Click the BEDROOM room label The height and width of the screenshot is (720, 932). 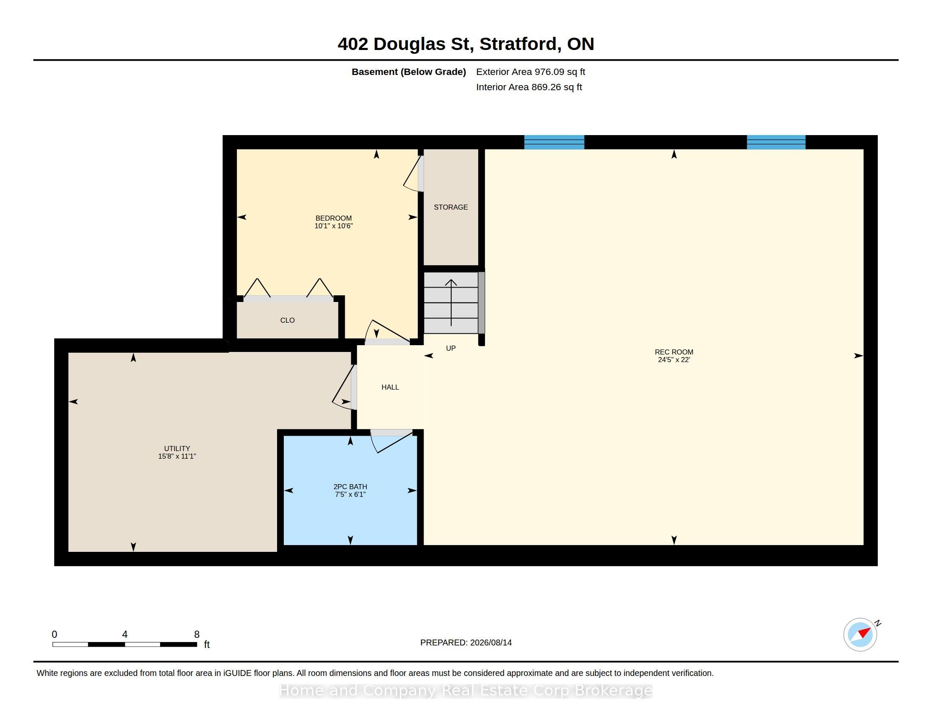333,218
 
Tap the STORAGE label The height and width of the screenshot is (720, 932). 451,207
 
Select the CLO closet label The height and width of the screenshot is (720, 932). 287,320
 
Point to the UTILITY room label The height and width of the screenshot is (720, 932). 177,448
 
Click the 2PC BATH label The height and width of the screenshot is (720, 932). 350,487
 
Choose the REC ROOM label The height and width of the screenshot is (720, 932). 674,352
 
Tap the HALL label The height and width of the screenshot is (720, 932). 390,387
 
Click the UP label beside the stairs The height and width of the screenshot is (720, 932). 451,349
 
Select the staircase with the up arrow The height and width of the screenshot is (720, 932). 451,303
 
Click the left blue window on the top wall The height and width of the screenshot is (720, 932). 554,142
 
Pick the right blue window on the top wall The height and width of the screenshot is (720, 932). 776,142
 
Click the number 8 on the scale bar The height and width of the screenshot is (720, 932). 197,634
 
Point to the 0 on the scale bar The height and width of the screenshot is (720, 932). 54,634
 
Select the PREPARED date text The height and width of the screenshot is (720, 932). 466,642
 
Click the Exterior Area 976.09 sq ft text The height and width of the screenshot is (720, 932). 530,72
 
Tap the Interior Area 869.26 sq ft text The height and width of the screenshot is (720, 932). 529,87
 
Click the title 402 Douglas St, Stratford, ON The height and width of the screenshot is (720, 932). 466,44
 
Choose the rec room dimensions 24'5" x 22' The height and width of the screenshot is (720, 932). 674,360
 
